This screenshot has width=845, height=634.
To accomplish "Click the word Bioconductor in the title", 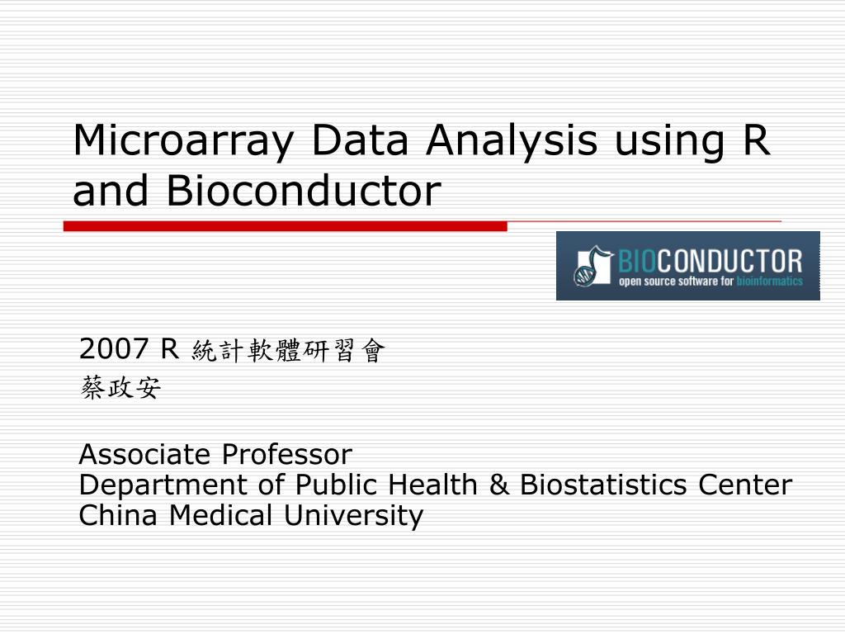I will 302,191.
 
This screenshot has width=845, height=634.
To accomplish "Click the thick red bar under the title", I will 285,225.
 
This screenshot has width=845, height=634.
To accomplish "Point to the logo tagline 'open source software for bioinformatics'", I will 710,282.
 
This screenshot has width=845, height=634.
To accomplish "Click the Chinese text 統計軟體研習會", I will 288,352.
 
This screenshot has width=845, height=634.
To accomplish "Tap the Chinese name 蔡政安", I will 120,388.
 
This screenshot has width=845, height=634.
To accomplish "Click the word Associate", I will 145,454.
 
